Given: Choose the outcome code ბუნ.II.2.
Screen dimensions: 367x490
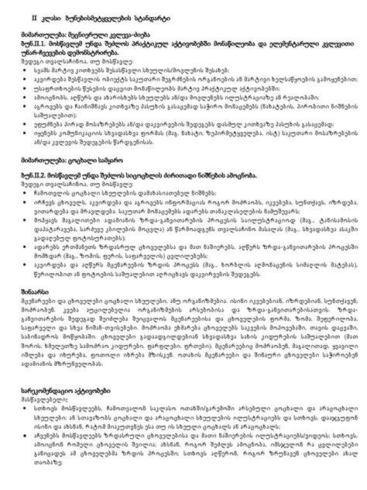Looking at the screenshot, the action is point(34,196).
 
